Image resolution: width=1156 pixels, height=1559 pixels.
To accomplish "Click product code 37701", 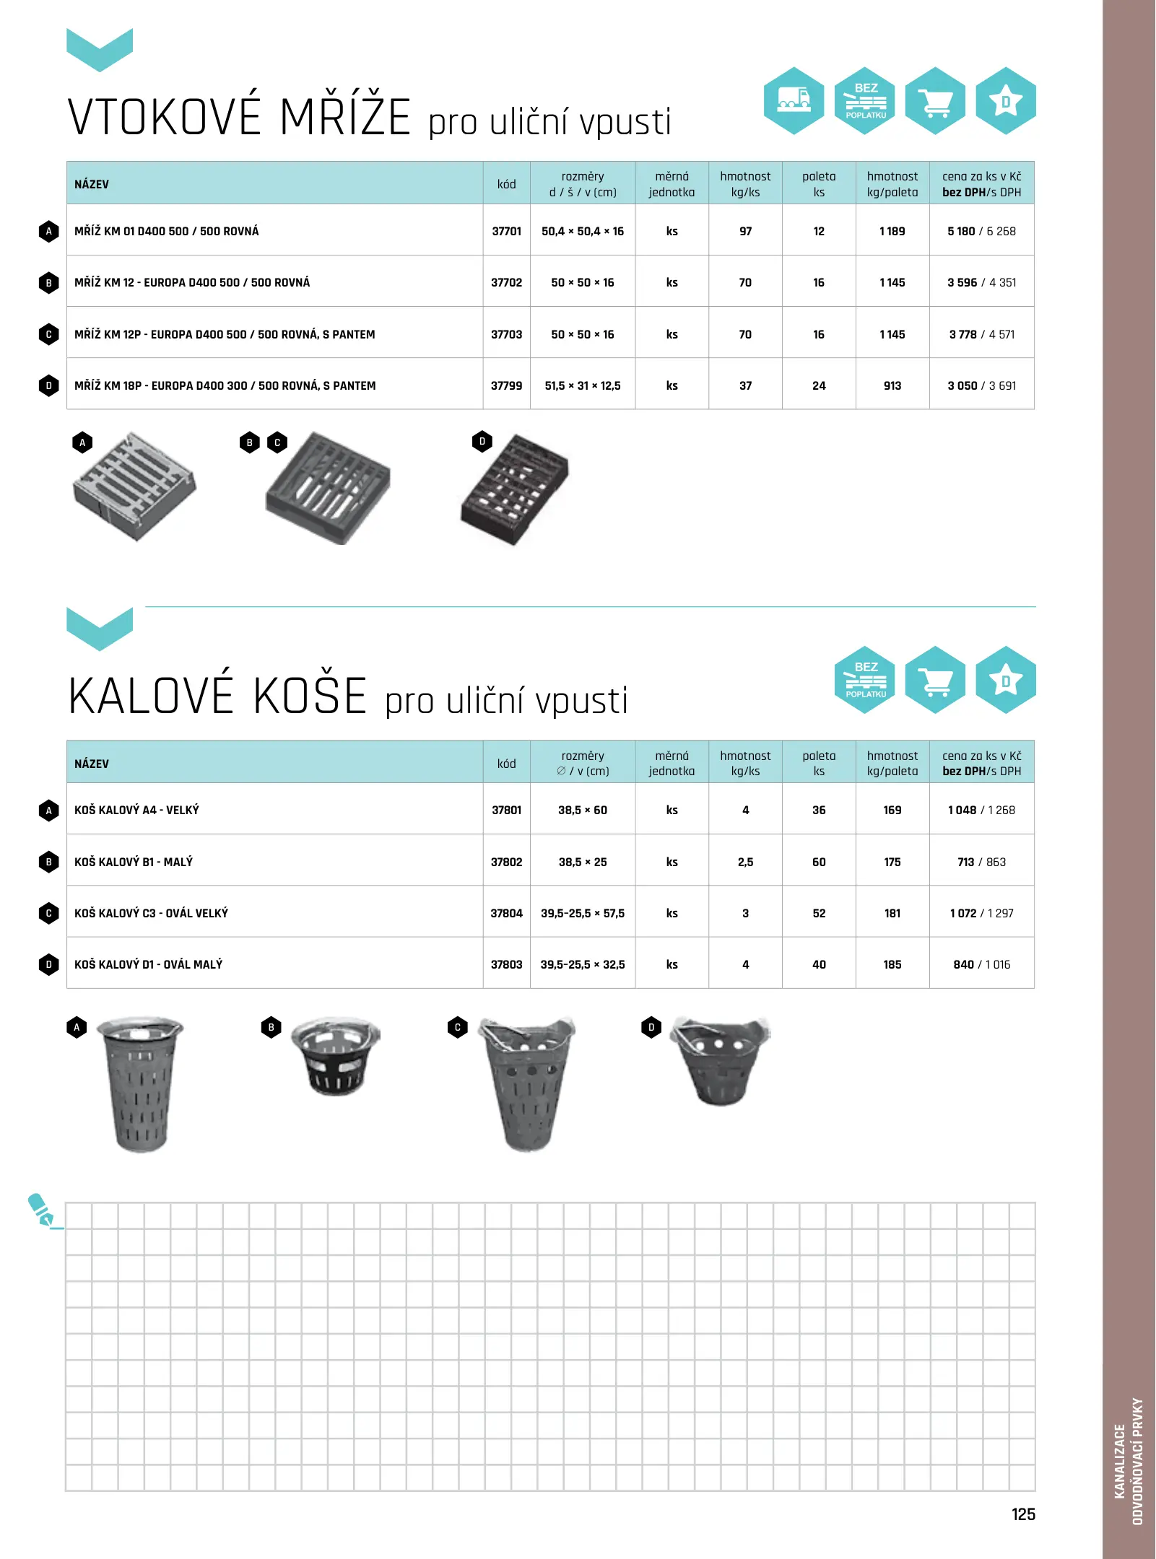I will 506,232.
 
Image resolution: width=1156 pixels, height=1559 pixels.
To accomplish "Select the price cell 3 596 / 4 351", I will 981,283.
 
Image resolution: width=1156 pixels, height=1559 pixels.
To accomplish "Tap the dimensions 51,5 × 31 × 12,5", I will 583,386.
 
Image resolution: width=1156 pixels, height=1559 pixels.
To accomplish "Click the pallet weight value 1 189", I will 892,232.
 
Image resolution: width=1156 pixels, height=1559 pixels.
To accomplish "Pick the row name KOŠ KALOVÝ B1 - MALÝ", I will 134,862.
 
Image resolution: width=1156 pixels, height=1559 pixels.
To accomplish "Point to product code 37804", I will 506,914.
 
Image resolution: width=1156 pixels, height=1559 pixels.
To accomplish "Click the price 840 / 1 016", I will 981,965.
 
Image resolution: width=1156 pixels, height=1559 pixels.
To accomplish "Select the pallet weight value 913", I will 892,386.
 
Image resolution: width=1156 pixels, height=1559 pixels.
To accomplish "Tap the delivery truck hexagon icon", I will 794,100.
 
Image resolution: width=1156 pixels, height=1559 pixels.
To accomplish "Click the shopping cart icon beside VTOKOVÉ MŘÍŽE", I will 935,100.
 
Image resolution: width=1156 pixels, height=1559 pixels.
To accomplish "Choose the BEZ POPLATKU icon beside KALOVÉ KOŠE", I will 865,680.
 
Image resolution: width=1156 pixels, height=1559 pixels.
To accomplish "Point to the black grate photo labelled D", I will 515,489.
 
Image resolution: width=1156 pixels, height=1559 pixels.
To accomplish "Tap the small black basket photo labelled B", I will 336,1057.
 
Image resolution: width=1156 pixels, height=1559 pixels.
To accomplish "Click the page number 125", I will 1022,1514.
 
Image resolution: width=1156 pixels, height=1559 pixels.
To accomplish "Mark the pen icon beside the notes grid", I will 42,1210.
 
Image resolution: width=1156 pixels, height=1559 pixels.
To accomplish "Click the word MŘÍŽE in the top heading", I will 344,118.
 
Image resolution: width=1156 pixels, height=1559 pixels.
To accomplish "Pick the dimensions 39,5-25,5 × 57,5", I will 583,914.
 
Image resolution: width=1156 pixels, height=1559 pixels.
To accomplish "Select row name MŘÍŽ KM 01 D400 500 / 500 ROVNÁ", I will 166,232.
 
